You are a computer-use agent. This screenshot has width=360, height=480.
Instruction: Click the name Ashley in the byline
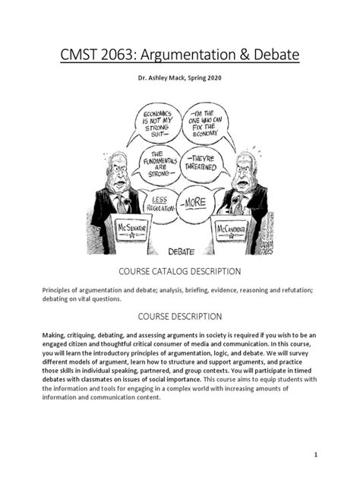[152, 85]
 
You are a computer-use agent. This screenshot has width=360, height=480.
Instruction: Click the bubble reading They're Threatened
[200, 162]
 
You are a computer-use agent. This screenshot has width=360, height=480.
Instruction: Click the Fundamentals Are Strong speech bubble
[155, 162]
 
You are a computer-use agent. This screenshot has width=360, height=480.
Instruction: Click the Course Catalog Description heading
[179, 270]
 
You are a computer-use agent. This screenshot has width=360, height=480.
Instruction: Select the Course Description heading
[179, 316]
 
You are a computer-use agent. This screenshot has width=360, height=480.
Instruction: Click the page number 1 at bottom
[334, 453]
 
